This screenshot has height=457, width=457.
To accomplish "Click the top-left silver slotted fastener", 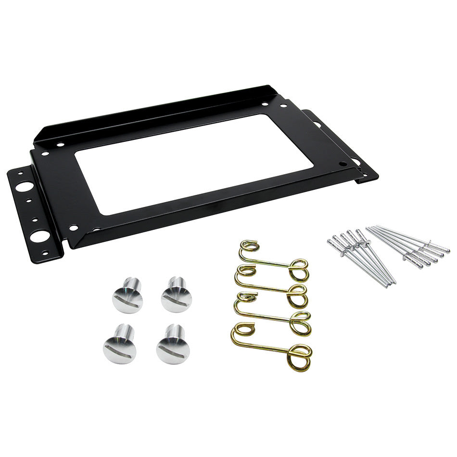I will pos(127,296).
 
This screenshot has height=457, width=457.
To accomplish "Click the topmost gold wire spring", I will pos(272,263).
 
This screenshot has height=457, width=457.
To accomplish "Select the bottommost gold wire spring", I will pos(272,346).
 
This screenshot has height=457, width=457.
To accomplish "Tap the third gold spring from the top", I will pos(272,315).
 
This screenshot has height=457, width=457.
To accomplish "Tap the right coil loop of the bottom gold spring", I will pos(299,356).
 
